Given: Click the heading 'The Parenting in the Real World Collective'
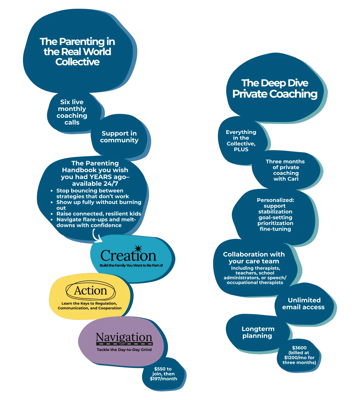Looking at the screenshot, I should coord(77,52).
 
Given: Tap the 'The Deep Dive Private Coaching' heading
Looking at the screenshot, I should coord(275,88).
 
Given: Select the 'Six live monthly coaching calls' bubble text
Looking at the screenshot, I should coord(72,112).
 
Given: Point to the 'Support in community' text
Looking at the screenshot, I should coord(119,137).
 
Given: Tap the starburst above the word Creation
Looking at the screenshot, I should coord(138,249).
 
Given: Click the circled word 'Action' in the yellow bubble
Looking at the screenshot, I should coord(90,291).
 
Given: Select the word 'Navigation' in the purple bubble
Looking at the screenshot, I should coord(124,337).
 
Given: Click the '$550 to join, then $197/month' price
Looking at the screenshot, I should coord(163,374).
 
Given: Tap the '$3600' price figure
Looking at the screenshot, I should coord(299,348).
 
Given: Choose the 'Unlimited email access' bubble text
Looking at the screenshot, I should coord(304,303).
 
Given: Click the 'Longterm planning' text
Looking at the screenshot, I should coord(258,332).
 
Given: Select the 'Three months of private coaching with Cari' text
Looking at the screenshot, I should coord(286,170).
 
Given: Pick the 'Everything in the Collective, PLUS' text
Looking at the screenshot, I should coord(241,141).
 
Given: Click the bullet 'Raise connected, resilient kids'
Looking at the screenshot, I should coord(99,214).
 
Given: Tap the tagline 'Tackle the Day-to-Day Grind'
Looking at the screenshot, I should coord(124,350).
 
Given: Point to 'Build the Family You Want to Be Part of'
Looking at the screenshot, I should coord(131,265).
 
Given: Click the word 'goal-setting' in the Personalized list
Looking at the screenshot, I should coord(275,217).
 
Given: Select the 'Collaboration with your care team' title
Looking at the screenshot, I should coord(254,258).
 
